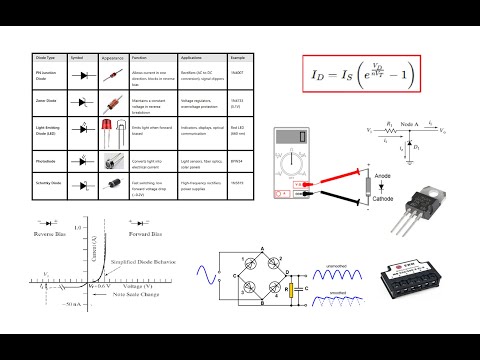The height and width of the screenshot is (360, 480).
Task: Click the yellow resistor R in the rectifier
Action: [x=289, y=292]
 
